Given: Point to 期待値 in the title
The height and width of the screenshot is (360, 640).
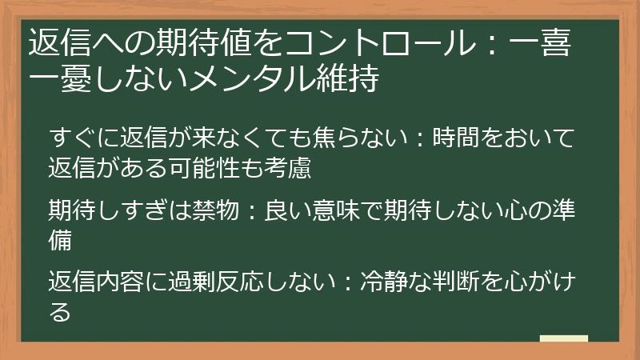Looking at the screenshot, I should point(197,43).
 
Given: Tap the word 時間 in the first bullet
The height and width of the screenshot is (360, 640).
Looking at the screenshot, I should point(456,138).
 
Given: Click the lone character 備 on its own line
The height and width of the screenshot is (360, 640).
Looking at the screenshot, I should point(61,240).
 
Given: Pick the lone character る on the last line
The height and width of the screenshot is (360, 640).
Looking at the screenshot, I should point(60,312).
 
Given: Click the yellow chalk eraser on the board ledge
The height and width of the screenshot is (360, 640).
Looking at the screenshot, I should point(563,339).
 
